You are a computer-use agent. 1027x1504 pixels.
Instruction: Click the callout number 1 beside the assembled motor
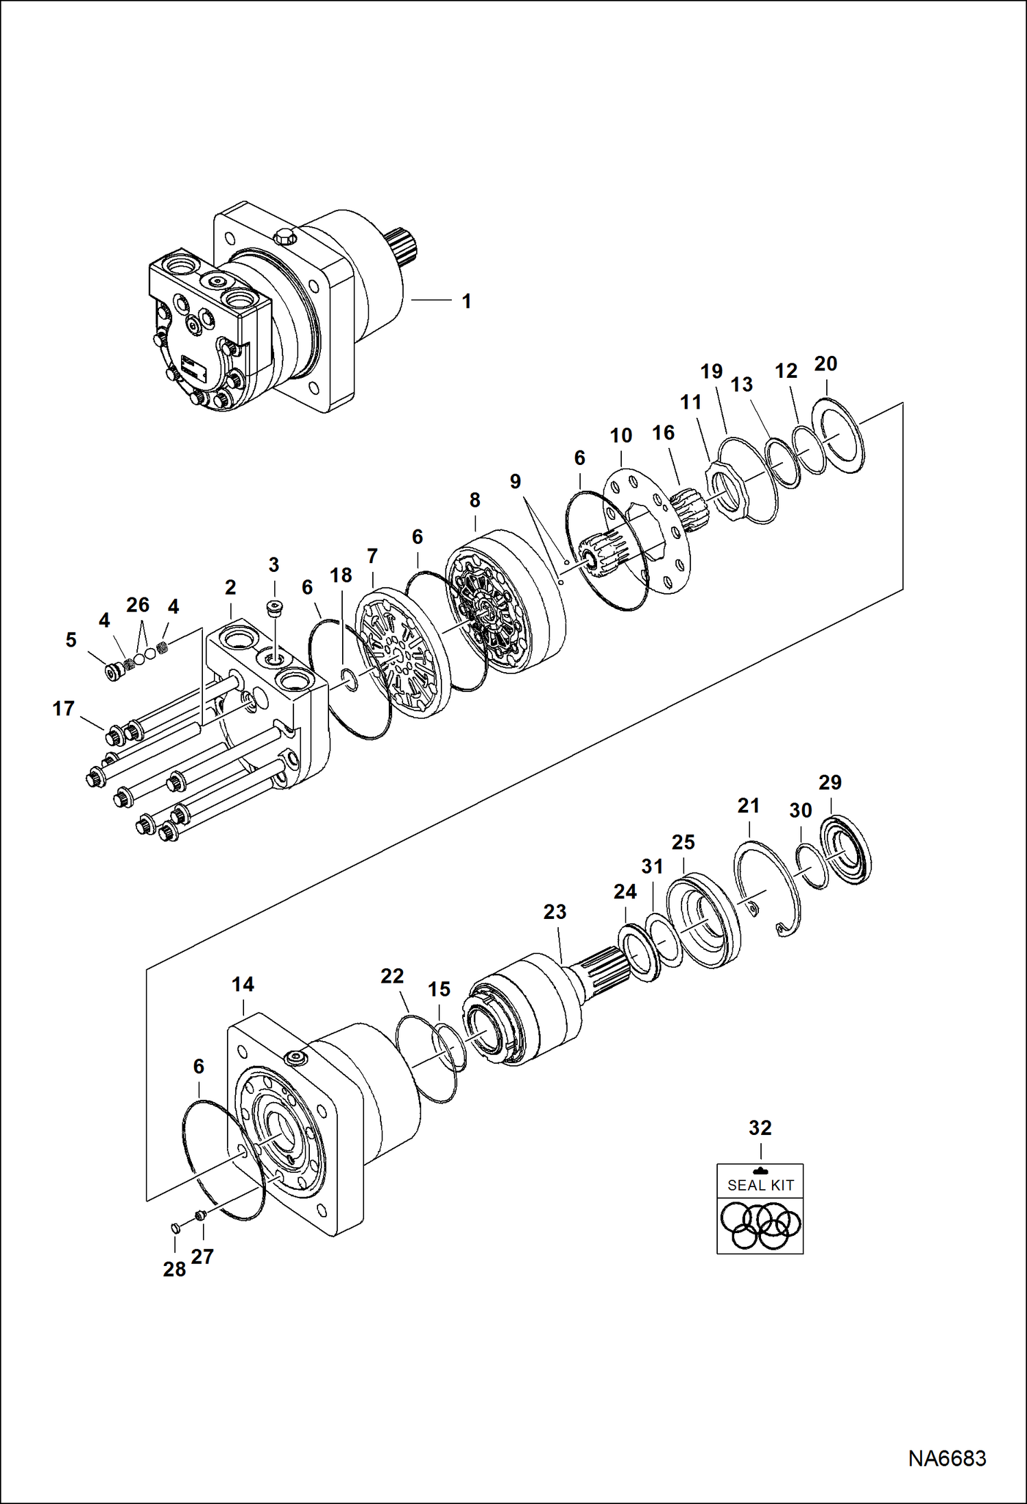pos(466,301)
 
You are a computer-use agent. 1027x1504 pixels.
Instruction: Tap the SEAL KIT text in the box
pos(760,1185)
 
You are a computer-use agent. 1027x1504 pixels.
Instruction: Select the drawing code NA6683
pos(947,1458)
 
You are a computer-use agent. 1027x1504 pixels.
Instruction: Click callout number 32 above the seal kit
pos(760,1127)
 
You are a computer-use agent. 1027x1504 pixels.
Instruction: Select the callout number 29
pos(830,782)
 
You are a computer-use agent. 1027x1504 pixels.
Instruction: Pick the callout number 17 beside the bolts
pos(63,708)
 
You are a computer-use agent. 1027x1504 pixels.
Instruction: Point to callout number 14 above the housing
pos(243,984)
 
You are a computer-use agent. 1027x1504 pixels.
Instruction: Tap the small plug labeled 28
pos(175,1227)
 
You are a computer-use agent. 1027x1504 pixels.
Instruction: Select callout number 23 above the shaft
pos(555,911)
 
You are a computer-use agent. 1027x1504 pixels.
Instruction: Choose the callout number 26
pos(137,604)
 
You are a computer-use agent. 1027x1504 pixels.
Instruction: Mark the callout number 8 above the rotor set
pos(474,500)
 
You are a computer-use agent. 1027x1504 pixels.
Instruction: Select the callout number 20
pos(825,363)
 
